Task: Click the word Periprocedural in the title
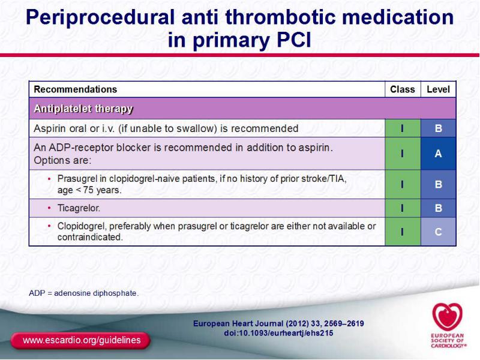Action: tap(100, 17)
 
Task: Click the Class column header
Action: tap(403, 89)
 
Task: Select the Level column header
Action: tap(439, 89)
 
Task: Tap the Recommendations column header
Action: tap(76, 89)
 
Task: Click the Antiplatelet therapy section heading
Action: tap(83, 109)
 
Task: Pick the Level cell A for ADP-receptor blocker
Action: tap(439, 154)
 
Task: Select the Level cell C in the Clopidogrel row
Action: tap(439, 232)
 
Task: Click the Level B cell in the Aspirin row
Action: tap(439, 128)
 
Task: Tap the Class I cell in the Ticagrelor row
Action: tap(403, 208)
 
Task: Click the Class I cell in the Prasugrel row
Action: tap(403, 184)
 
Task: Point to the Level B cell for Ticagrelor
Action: tap(439, 208)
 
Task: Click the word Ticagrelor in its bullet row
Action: tap(79, 208)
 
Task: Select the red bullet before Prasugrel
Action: tap(49, 179)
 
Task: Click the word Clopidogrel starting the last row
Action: tap(82, 227)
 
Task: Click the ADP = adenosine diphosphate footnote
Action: tap(84, 293)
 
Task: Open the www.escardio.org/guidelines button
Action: tap(81, 340)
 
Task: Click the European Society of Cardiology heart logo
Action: tap(447, 317)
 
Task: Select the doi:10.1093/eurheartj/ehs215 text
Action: tap(278, 333)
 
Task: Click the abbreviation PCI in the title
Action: tap(294, 40)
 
